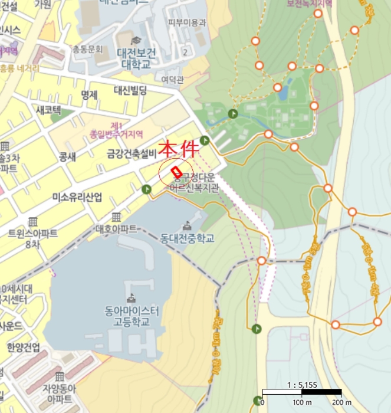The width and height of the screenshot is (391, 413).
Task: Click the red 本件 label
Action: tap(180, 147)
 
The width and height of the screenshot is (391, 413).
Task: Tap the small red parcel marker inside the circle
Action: tap(175, 171)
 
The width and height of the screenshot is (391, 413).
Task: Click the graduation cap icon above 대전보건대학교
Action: tap(136, 40)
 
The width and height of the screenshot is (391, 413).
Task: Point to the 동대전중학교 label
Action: tap(187, 239)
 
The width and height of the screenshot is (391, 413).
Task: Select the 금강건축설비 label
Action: tap(131, 154)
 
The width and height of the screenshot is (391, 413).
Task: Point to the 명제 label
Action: tap(90, 94)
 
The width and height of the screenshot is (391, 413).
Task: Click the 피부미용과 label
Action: tap(187, 22)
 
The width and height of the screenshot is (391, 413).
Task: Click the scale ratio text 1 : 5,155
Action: tap(302, 385)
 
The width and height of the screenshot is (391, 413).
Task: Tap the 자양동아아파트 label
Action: tap(58, 394)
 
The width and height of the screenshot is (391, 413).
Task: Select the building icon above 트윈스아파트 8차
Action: tap(32, 221)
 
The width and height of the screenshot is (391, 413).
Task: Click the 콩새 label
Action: tap(68, 157)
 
